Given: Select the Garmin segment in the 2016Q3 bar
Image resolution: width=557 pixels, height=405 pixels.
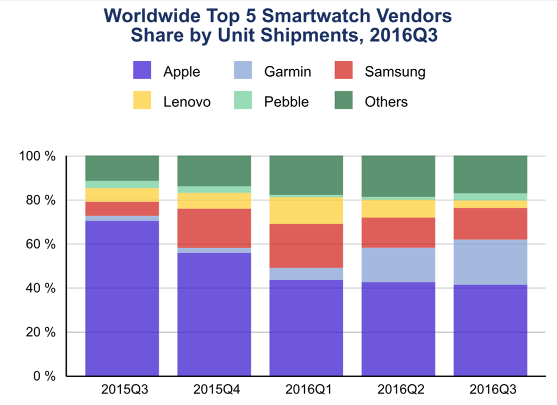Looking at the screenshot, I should pos(490,262).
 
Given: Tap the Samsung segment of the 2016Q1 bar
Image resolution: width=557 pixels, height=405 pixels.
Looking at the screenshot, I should pos(306,246).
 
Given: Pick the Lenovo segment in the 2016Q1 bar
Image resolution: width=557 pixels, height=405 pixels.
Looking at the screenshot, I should pos(306,211).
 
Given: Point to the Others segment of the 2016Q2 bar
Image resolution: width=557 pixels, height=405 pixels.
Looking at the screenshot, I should pos(398,176).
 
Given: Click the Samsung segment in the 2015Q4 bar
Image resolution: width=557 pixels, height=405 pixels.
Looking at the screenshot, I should pos(214,228).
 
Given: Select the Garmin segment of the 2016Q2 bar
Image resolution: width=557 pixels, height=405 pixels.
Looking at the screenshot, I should pos(398,265).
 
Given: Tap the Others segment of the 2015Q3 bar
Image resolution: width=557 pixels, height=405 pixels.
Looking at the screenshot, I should pos(122,168).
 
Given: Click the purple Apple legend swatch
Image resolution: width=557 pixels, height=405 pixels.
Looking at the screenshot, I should pos(142,71).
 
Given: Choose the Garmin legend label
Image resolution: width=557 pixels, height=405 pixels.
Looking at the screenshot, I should pos(287,71).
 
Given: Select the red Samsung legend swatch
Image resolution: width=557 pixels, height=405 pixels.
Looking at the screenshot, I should pos(343,71).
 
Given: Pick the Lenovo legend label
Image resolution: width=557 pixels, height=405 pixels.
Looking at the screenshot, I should pos(187,101).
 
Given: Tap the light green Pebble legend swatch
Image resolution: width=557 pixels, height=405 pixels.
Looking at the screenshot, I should pos(243,101).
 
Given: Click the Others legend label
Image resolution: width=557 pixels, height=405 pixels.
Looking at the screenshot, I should pos(386,101).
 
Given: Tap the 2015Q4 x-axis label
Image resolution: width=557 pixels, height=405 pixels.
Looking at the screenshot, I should pos(214,390).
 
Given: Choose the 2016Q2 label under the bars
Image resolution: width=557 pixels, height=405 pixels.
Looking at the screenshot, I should pos(398,390).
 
